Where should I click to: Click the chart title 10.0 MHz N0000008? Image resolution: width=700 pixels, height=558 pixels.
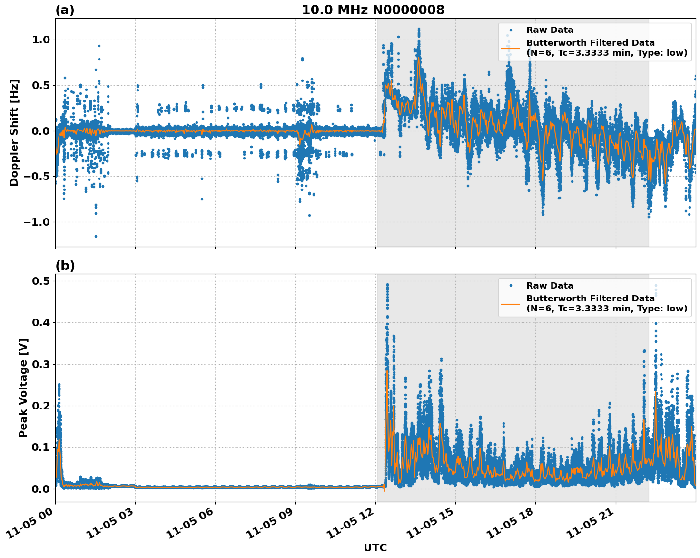point(373,10)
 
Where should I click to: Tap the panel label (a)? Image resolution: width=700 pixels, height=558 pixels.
point(65,10)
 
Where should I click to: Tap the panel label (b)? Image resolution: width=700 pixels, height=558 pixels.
point(65,266)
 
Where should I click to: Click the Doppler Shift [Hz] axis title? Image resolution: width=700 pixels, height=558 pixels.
point(14,132)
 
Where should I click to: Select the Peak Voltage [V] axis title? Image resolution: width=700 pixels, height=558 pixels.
point(23,388)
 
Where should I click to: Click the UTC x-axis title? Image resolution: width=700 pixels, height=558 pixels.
point(375,548)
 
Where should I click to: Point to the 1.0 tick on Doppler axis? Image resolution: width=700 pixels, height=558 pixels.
point(41,40)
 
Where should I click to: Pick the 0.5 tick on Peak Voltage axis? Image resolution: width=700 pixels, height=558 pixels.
point(41,281)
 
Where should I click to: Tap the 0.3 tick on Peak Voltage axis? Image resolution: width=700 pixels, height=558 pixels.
point(41,365)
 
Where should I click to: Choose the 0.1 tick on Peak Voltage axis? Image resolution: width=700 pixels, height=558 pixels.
point(41,448)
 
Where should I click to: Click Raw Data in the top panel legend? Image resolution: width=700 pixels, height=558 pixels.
point(550,30)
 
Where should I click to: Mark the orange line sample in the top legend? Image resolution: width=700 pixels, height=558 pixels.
point(510,48)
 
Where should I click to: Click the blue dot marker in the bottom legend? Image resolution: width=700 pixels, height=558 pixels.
point(510,286)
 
